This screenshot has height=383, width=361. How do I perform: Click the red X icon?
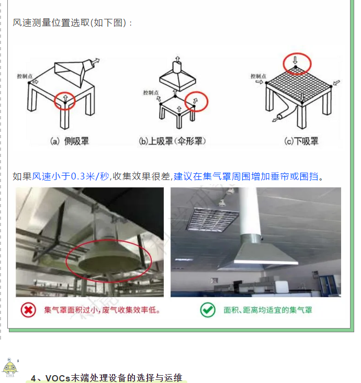tap(28, 310)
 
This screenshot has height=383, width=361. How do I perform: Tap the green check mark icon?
tap(208, 310)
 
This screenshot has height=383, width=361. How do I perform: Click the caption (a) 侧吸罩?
tap(70, 141)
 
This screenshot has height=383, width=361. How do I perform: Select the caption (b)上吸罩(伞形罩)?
tap(172, 141)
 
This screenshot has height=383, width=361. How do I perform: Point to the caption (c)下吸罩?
tap(301, 141)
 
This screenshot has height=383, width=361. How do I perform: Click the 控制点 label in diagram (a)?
tap(25, 76)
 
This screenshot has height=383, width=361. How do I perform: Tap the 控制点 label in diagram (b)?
tap(151, 93)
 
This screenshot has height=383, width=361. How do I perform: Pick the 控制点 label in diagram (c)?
tap(258, 76)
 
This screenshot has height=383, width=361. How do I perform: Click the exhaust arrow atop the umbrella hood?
tap(177, 59)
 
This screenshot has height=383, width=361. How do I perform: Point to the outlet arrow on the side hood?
tap(96, 60)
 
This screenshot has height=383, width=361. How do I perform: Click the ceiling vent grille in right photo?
tap(212, 219)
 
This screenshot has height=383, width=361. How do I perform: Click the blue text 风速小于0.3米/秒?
tap(71, 176)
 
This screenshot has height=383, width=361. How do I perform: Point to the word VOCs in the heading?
tap(58, 378)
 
